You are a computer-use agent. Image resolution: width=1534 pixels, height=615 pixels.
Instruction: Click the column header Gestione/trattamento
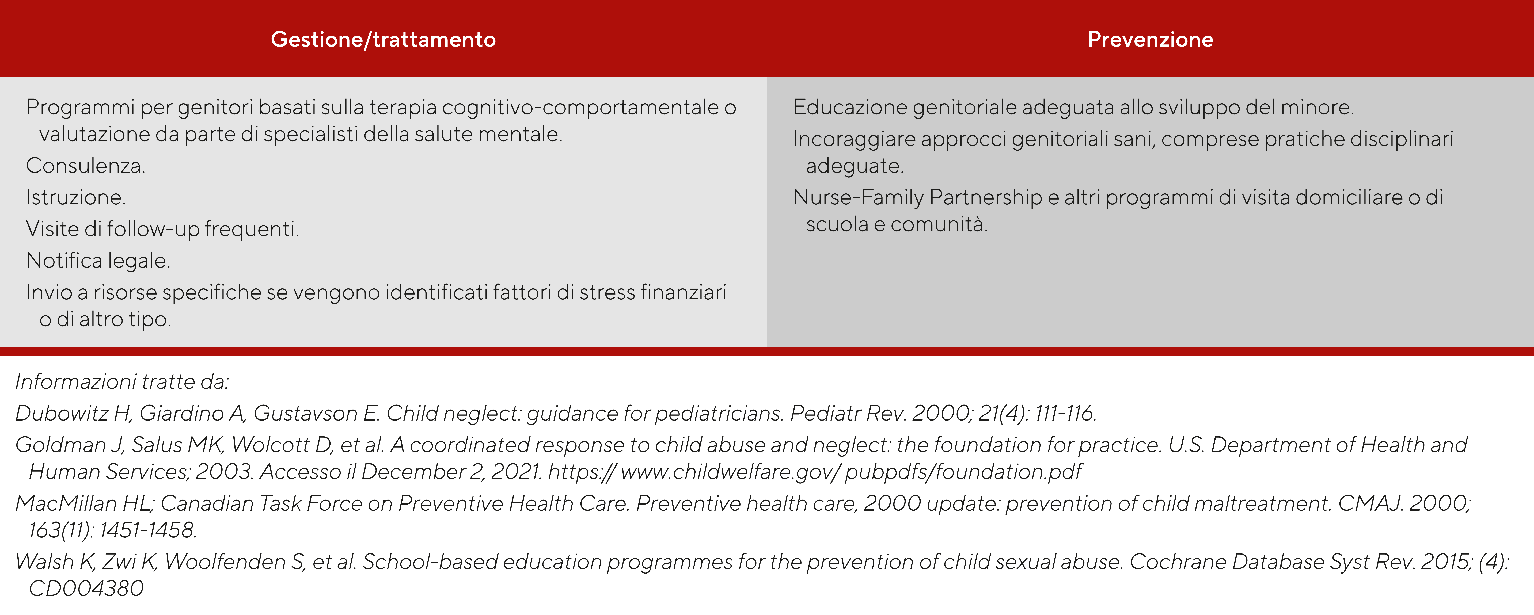pyautogui.click(x=383, y=39)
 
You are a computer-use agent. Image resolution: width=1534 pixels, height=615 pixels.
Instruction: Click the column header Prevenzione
pyautogui.click(x=1150, y=39)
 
